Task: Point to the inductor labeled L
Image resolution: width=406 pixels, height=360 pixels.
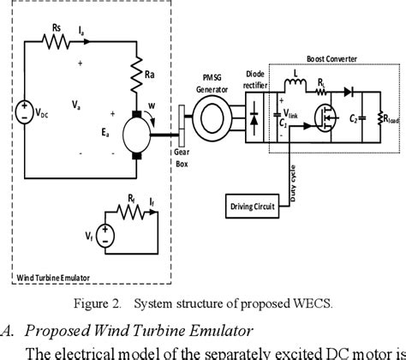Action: (x=299, y=83)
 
